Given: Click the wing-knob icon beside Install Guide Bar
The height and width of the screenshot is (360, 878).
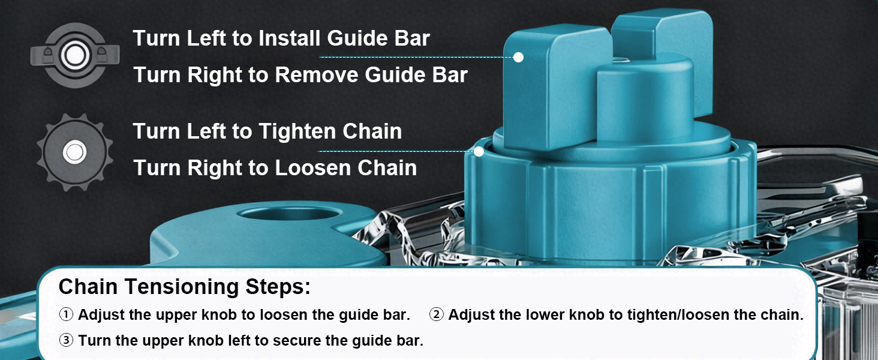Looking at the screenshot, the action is tap(75, 55).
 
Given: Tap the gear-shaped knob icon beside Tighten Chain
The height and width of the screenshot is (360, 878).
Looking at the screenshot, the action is tap(75, 152).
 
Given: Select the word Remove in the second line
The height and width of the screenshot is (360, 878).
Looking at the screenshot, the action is tap(316, 75).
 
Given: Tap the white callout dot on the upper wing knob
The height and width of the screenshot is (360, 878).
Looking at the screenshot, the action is tap(518, 57).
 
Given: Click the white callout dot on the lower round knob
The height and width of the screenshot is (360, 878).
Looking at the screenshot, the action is tap(479, 151).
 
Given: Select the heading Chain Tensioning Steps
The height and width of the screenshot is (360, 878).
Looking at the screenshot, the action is tap(184, 287).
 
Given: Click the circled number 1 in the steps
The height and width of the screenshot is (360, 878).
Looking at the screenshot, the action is tap(66, 314).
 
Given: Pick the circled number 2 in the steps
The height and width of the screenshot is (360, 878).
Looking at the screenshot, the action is tap(436, 314).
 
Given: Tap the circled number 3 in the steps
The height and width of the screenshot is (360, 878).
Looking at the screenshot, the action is tap(66, 340).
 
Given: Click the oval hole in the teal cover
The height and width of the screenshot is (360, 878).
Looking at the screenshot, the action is tap(290, 214).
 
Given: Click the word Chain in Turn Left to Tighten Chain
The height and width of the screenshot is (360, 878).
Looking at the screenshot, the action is tap(372, 131).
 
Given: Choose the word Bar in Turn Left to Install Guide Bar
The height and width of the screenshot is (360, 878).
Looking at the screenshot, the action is tap(412, 38).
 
